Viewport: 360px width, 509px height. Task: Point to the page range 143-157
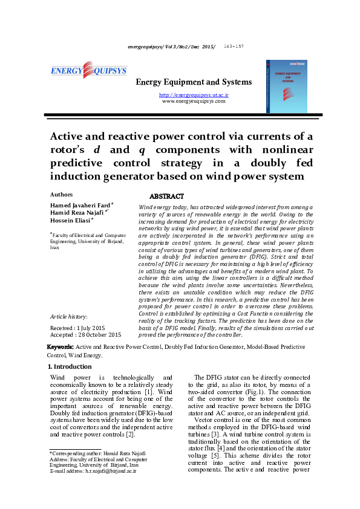(x=234, y=47)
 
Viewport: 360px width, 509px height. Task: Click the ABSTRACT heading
(x=166, y=196)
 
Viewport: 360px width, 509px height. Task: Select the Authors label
(x=61, y=195)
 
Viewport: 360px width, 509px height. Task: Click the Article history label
(x=68, y=316)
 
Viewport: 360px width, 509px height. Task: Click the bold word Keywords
(x=61, y=348)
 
